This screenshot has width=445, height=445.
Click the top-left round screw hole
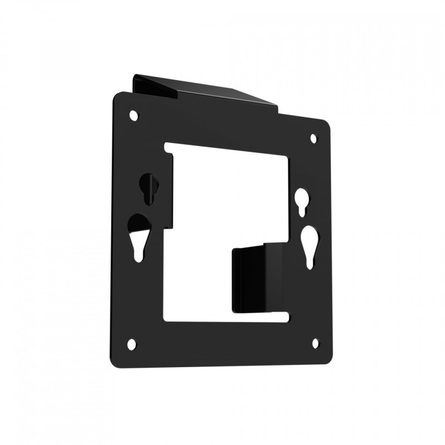click(x=133, y=115)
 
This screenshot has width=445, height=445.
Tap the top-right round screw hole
click(x=313, y=138)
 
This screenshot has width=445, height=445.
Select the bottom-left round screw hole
click(x=131, y=344)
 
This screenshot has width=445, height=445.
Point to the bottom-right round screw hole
click(x=315, y=343)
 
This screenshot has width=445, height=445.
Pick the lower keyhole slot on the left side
click(x=137, y=236)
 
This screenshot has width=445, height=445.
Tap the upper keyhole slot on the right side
click(x=301, y=201)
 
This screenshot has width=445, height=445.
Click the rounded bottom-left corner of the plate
click(x=115, y=362)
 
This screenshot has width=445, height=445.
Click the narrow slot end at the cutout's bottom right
click(x=286, y=318)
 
